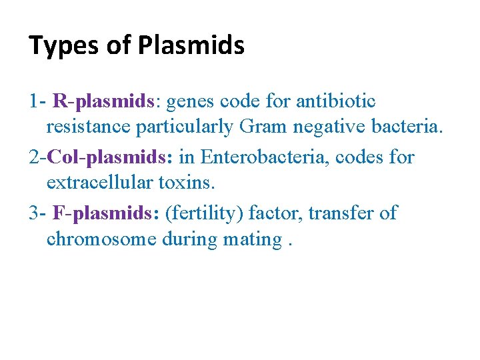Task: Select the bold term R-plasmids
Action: pyautogui.click(x=103, y=101)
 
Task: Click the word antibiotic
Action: pyautogui.click(x=335, y=101)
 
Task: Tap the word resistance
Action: pyautogui.click(x=91, y=127)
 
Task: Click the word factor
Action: pyautogui.click(x=271, y=213)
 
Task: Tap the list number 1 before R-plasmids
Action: pyautogui.click(x=33, y=101)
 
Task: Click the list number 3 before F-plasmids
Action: pyautogui.click(x=33, y=213)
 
